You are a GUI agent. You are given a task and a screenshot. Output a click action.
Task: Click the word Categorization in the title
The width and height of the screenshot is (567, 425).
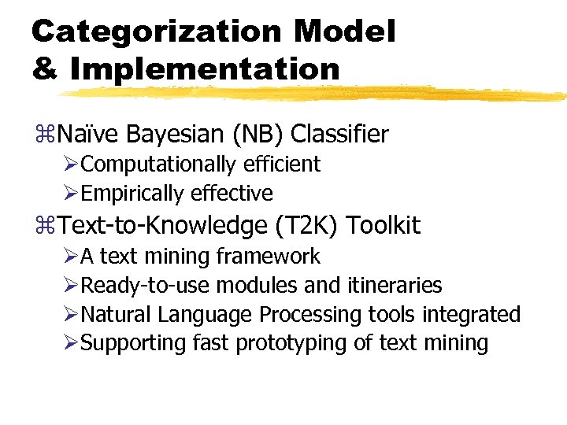[x=156, y=31]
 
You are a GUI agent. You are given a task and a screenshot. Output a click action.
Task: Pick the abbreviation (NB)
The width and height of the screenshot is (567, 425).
[x=258, y=135]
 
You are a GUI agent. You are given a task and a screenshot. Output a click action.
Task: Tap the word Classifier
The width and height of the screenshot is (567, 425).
[x=339, y=135]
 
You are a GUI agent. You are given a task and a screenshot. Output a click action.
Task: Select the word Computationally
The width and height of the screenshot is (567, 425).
[x=157, y=164]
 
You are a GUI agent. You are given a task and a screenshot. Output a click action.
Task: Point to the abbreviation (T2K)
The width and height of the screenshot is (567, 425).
[x=308, y=227]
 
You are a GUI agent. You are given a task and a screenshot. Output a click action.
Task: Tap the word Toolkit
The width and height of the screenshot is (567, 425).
[x=384, y=227]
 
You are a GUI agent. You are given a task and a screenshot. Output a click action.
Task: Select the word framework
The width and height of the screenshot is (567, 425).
[x=269, y=257]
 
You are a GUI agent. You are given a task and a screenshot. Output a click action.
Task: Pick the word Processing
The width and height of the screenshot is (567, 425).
[x=311, y=315]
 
